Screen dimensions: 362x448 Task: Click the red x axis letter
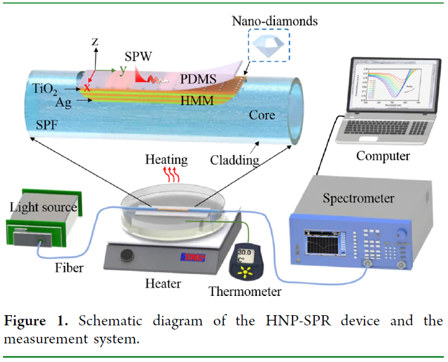[87, 88]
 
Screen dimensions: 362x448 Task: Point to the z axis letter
[94, 41]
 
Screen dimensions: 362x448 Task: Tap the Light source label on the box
[43, 208]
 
